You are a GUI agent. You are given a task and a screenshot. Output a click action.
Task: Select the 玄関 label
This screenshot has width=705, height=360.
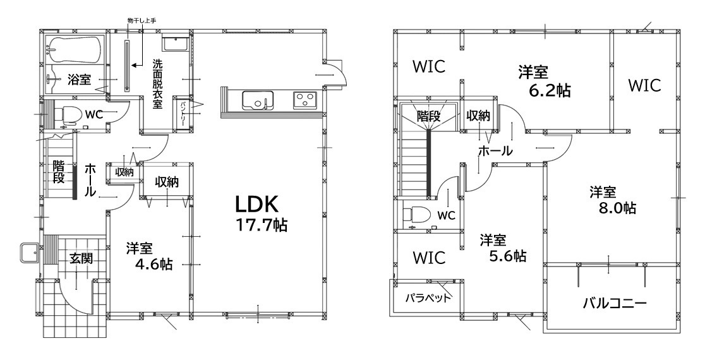(x=81, y=258)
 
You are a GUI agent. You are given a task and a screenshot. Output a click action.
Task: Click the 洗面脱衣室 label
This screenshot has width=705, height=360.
(x=157, y=84)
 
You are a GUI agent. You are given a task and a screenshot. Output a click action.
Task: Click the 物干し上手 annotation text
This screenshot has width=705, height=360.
(x=141, y=20)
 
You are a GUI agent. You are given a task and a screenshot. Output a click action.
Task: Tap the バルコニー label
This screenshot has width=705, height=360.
(x=615, y=304)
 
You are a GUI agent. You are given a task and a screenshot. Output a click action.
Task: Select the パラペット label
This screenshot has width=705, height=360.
(x=428, y=298)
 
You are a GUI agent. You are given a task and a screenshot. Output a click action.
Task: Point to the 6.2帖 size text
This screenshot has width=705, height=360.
(x=550, y=90)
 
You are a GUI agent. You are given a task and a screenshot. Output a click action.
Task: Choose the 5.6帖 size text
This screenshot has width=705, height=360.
(x=508, y=256)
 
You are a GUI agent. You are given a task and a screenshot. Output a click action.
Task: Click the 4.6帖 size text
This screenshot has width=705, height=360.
(x=154, y=264)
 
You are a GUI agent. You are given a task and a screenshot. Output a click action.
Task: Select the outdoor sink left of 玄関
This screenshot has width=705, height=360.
(x=30, y=253)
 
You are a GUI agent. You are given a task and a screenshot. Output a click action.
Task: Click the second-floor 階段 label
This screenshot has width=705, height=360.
(x=428, y=116)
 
